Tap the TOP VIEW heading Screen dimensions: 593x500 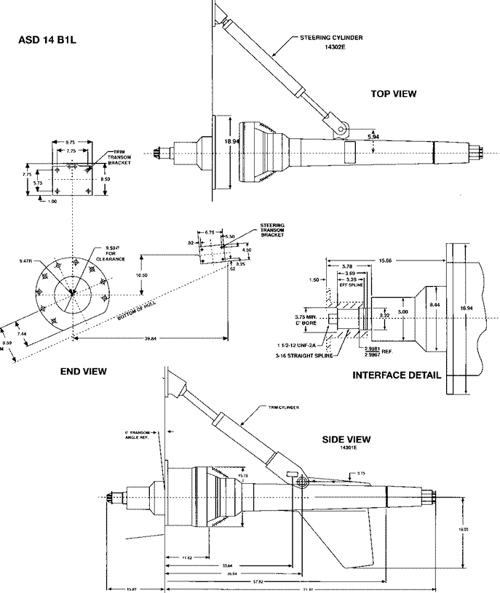tap(394, 94)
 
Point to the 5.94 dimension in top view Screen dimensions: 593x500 tap(373, 136)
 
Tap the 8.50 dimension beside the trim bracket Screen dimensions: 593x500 tap(106, 178)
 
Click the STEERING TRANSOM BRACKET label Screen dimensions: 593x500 tap(273, 230)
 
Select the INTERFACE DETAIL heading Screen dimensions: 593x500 tap(396, 375)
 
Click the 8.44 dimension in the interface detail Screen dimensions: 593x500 tap(434, 304)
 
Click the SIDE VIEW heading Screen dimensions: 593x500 tap(346, 439)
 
